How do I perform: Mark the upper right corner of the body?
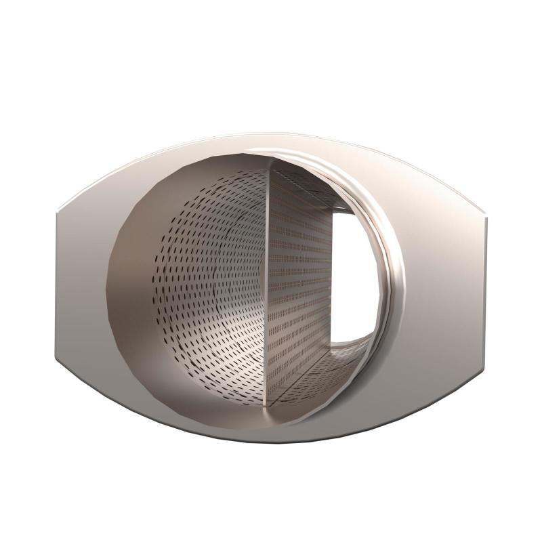click(x=486, y=211)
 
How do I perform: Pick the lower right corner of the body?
click(x=486, y=356)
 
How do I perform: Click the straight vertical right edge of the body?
click(x=488, y=285)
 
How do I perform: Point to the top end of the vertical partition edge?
click(x=270, y=163)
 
